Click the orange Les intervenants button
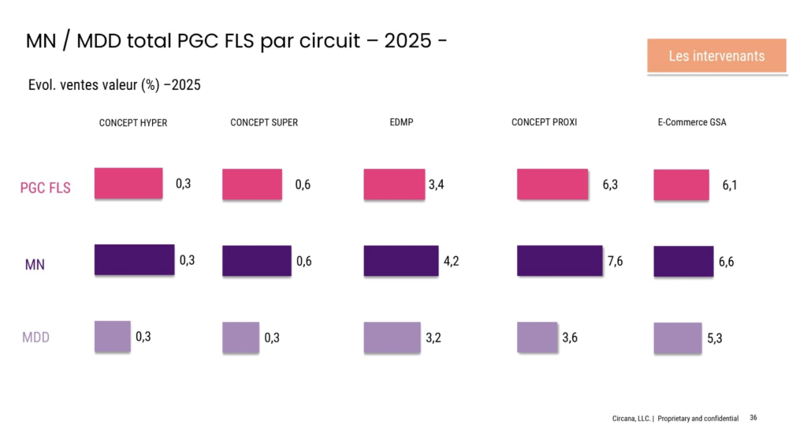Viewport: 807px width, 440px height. pyautogui.click(x=716, y=56)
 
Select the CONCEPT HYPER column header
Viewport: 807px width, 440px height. pyautogui.click(x=132, y=123)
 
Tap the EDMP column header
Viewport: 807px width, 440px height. pyautogui.click(x=401, y=123)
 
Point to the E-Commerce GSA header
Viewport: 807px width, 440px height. pyautogui.click(x=691, y=123)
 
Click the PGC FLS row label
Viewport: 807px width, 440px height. pyautogui.click(x=45, y=188)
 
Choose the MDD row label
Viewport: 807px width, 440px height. pyautogui.click(x=35, y=337)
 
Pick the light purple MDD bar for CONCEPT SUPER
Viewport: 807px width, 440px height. pyautogui.click(x=240, y=337)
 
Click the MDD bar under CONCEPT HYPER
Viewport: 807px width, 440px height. pyautogui.click(x=112, y=335)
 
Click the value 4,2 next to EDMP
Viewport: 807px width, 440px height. pyautogui.click(x=451, y=262)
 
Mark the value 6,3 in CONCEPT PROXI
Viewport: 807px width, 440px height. pyautogui.click(x=610, y=185)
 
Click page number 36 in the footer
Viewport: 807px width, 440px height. pyautogui.click(x=753, y=418)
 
